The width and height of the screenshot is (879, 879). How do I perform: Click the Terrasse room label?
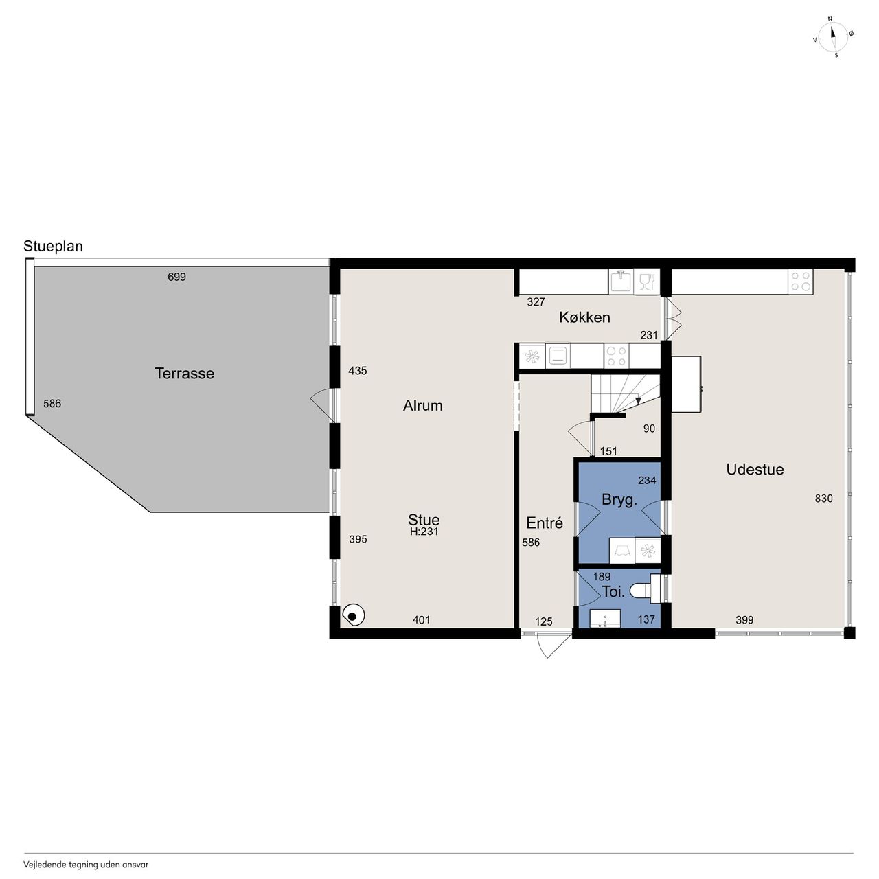point(184,374)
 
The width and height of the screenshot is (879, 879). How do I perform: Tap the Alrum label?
point(422,406)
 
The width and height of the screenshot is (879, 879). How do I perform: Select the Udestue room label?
point(755,470)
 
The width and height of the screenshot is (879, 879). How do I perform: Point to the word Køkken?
point(584,317)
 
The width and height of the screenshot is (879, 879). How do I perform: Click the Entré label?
point(544,523)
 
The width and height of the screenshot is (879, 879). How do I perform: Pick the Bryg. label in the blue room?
point(619,500)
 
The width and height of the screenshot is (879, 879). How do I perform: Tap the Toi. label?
point(613,592)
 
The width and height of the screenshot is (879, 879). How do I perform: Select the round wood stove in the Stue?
point(353,615)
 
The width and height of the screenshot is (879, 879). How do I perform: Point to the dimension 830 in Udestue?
point(824,499)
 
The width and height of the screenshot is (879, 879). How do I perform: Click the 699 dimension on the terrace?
point(176,277)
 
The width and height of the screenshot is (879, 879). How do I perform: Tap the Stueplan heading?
point(53,247)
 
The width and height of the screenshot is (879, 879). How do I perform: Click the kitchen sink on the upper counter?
point(621,281)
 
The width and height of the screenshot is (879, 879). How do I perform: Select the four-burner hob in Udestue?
point(801,281)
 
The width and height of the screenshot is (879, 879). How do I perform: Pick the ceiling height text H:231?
point(424,532)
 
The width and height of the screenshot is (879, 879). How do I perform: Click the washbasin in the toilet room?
point(605,619)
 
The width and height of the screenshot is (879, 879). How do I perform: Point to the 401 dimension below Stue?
point(421,620)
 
